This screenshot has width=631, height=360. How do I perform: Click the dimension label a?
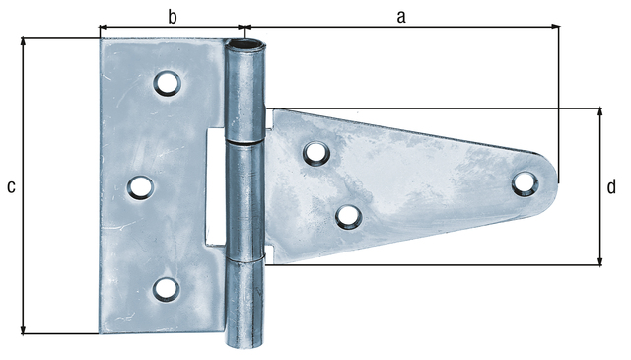pos(401,17)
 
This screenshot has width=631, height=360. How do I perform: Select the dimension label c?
pos(11,186)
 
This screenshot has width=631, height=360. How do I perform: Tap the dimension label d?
pos(611,186)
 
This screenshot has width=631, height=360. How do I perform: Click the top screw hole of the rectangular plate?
pos(167,83)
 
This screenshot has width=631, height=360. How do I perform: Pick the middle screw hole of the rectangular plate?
pos(141,187)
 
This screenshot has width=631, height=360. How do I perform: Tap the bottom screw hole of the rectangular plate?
pos(167,290)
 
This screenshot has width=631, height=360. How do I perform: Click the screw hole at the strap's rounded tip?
pos(526,183)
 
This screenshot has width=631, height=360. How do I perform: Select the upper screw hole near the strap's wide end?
pos(316,154)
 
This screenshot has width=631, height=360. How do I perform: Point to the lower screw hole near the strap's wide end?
pos(348,217)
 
